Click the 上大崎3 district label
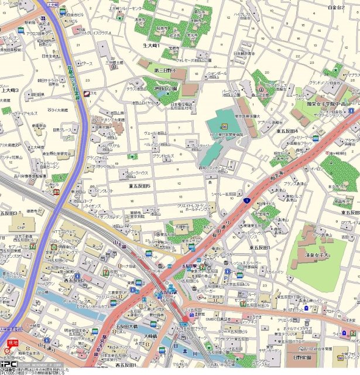click(9, 90)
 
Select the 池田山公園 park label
click(166, 88)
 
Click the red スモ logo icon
click(90, 93)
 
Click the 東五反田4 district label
click(287, 131)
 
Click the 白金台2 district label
click(336, 7)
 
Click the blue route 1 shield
click(248, 200)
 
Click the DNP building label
click(21, 227)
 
